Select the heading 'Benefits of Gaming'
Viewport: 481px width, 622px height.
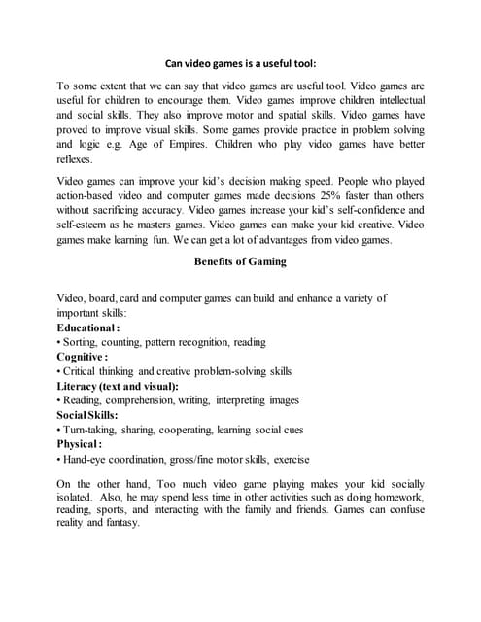click(x=239, y=261)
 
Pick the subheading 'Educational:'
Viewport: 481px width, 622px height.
click(x=87, y=328)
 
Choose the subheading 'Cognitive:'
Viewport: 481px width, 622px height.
click(x=83, y=357)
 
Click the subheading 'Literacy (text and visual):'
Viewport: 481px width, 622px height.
click(x=118, y=386)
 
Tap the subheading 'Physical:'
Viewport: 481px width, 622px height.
click(x=79, y=444)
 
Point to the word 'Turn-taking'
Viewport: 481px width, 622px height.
click(x=90, y=430)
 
